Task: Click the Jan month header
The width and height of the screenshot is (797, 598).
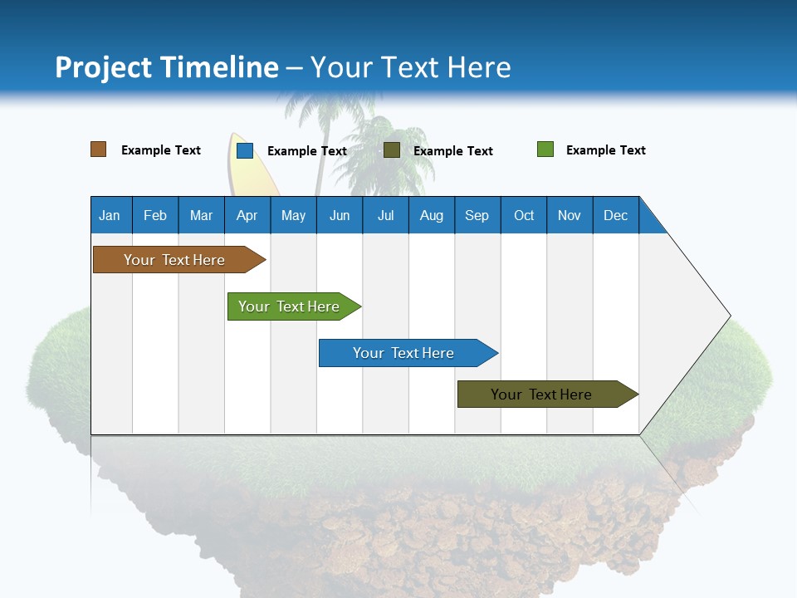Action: [110, 215]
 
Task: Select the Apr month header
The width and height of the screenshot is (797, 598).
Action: [247, 215]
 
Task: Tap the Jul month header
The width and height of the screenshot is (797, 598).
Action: [385, 215]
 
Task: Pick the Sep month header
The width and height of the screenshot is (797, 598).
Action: [477, 215]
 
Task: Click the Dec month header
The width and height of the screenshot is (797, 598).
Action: [615, 215]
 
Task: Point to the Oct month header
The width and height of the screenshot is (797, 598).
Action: [524, 215]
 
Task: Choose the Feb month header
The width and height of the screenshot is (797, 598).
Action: [155, 215]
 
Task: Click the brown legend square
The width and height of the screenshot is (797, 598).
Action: [99, 149]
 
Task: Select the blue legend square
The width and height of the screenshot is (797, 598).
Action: [245, 150]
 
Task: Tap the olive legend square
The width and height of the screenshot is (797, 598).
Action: [392, 150]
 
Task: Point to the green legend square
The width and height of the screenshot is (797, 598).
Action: [545, 149]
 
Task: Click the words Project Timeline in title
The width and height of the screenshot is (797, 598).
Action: [166, 67]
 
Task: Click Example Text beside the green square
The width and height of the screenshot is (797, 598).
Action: [605, 150]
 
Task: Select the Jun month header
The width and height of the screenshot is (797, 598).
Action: [340, 215]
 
